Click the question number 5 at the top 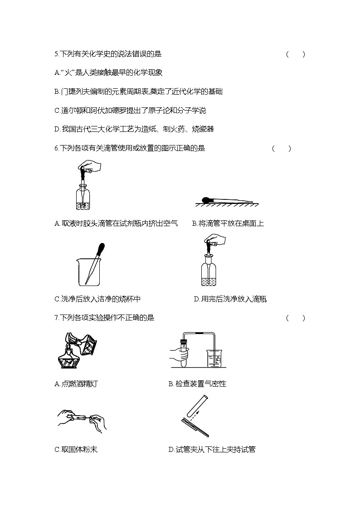[56, 54]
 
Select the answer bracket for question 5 [295, 54]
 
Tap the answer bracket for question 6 [281, 148]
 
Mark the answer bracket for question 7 [295, 318]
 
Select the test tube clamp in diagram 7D [195, 426]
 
